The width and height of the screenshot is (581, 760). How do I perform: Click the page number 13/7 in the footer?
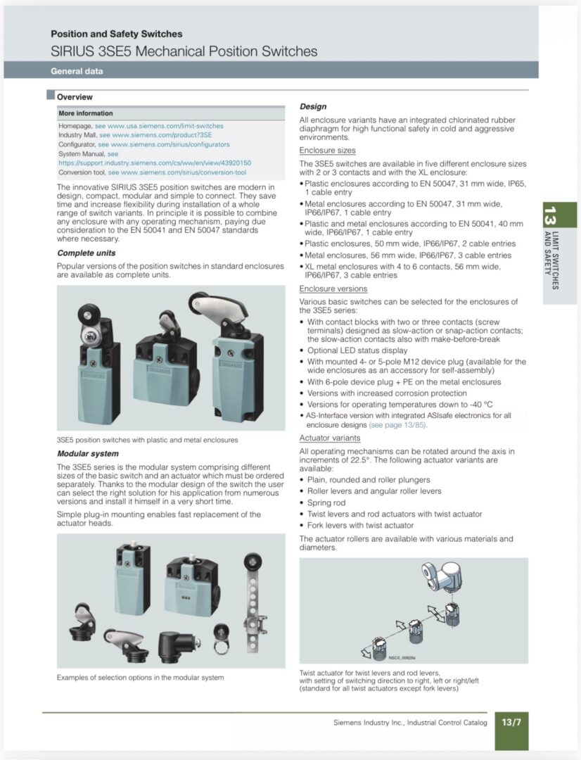[511, 722]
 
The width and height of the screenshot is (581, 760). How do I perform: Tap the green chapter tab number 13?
[549, 215]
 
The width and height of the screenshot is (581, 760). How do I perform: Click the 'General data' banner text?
[77, 71]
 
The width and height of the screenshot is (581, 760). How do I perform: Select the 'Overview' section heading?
[75, 97]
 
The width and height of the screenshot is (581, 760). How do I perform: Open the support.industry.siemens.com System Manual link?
[155, 163]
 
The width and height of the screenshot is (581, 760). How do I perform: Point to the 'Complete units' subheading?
[87, 253]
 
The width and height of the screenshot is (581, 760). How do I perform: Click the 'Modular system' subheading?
[88, 454]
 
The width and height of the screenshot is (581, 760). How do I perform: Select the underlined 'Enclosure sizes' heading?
[327, 151]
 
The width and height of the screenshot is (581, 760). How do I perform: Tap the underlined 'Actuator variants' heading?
[329, 438]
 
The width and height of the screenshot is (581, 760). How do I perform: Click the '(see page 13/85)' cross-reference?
[398, 425]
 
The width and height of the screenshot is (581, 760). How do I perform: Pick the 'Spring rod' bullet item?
[326, 502]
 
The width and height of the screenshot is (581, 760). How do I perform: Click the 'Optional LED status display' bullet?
[357, 350]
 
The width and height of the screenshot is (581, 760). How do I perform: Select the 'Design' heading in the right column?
[313, 107]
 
